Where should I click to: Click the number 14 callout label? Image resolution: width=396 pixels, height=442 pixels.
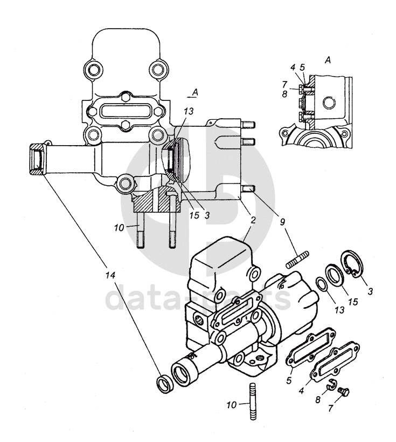tap(110, 275)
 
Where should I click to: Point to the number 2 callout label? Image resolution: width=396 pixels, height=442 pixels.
tap(253, 220)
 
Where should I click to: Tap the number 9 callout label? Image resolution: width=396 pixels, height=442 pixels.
tap(282, 222)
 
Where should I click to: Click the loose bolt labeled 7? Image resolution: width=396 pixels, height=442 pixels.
tap(344, 392)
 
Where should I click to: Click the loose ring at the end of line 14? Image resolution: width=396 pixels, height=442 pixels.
tap(164, 385)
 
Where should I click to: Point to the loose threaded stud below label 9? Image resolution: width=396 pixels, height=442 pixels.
tap(297, 260)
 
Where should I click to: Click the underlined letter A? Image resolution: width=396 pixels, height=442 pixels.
tap(194, 92)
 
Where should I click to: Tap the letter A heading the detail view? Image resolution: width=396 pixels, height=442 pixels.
tap(328, 60)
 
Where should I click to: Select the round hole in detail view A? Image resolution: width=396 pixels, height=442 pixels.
tap(329, 103)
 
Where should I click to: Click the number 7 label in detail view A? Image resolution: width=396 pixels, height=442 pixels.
tap(284, 85)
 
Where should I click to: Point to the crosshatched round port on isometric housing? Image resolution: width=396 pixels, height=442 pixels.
tap(199, 320)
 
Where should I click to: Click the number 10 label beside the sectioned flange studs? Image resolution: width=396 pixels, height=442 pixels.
tap(119, 228)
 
